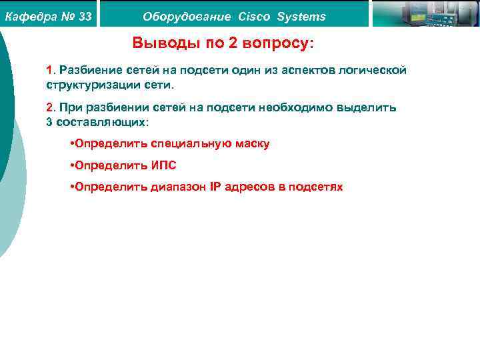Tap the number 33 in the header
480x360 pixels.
[x=85, y=17]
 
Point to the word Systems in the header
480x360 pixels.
[x=302, y=17]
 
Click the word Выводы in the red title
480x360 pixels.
[x=161, y=44]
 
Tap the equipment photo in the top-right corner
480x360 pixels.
[x=423, y=13]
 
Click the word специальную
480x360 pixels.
[x=190, y=144]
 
